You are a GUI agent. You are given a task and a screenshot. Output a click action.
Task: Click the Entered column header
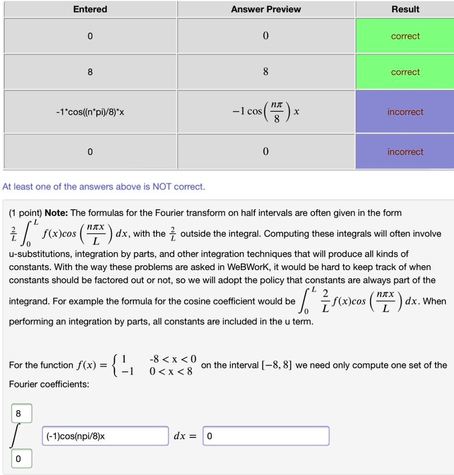(90, 9)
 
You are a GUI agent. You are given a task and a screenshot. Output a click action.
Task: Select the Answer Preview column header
(266, 9)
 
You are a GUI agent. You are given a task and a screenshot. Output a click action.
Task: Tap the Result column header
(405, 9)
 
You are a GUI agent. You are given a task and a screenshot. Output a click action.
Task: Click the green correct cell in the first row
(405, 36)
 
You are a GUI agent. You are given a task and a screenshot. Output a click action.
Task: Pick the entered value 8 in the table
(90, 72)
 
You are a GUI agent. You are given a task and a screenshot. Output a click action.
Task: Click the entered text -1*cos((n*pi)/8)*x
(90, 112)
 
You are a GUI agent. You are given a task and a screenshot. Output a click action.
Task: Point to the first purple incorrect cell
(405, 112)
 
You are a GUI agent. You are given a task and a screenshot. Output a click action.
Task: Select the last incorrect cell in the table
(405, 152)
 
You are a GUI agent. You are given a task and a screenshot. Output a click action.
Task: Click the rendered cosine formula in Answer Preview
(266, 112)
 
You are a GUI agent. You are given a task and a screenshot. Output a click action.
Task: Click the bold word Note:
(56, 213)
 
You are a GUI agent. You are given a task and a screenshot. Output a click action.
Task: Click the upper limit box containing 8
(19, 413)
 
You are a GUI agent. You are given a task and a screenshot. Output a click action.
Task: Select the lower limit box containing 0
(19, 459)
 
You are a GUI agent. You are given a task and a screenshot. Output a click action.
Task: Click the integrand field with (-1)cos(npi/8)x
(105, 436)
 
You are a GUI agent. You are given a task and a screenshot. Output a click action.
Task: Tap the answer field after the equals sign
(266, 436)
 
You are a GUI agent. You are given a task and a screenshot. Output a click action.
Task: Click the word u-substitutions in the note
(40, 254)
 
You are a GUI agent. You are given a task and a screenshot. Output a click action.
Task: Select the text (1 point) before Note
(25, 213)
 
